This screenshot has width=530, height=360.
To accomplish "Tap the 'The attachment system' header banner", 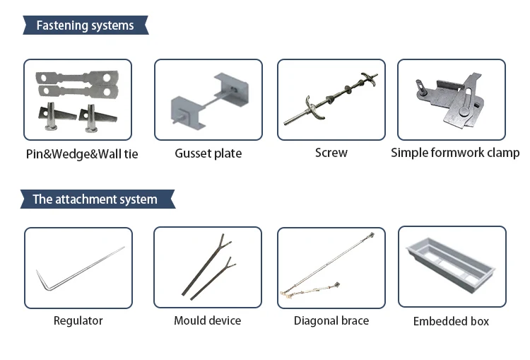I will [95, 199].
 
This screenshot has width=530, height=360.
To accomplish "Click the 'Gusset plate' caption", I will [208, 153].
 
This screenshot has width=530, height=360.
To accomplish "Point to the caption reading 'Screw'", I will [331, 153].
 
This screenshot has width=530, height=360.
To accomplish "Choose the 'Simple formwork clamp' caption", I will [454, 153].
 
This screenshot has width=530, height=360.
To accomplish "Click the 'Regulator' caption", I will [78, 320].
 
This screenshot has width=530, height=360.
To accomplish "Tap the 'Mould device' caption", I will [208, 320].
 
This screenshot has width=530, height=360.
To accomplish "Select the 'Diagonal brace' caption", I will [331, 320].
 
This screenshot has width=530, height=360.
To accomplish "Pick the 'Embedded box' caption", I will [451, 321].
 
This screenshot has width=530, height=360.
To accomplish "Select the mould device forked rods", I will [208, 267].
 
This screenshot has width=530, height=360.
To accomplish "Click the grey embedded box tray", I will [452, 262].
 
